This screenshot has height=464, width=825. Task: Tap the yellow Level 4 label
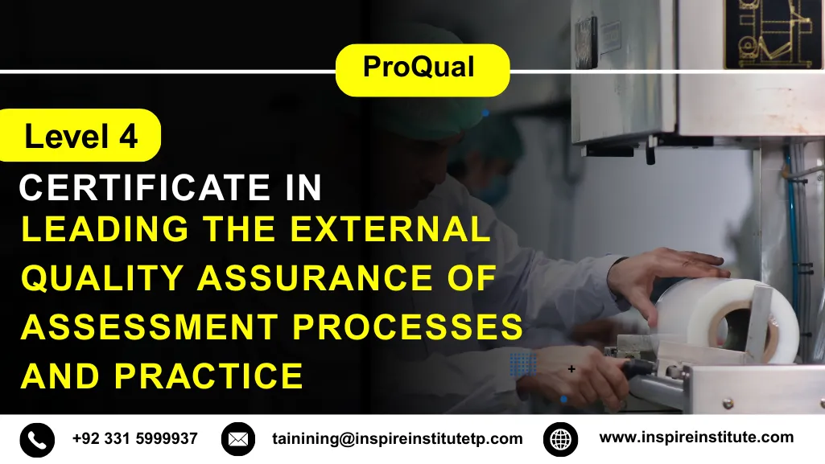tap(80, 136)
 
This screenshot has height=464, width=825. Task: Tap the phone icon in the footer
tap(37, 439)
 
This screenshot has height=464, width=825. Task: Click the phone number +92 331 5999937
tap(134, 439)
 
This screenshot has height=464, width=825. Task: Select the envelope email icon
tap(237, 439)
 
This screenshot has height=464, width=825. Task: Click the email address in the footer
tap(397, 439)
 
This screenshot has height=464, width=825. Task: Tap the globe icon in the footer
tap(560, 439)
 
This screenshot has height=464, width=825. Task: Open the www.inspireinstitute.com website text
tap(696, 438)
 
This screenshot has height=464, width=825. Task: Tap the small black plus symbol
tap(571, 369)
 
